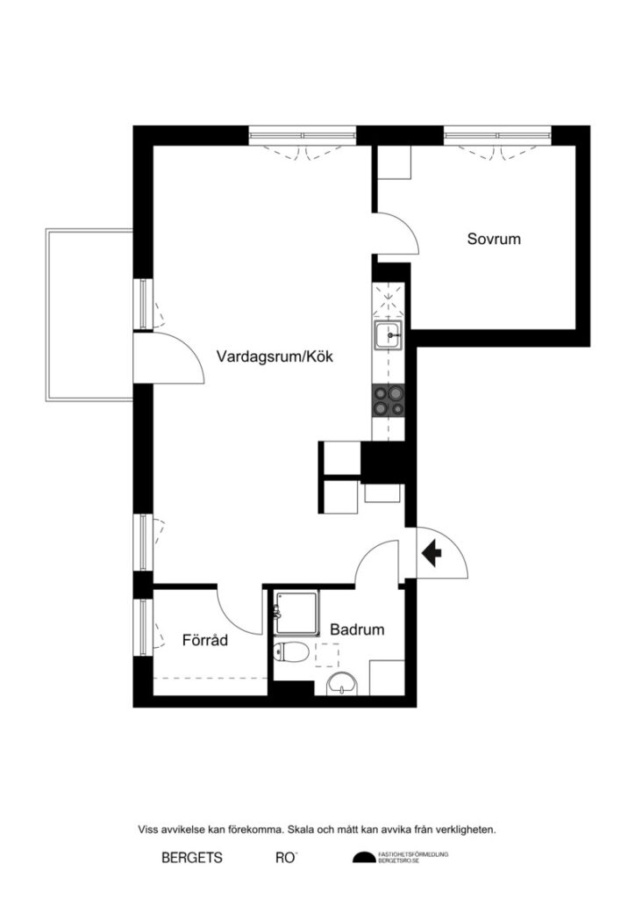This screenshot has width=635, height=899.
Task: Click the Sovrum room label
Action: (x=494, y=238)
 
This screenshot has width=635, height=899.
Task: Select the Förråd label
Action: (x=204, y=640)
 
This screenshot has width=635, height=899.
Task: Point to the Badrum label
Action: (x=357, y=629)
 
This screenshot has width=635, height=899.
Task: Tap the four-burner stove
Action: (x=389, y=400)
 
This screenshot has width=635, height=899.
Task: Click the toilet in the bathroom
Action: (x=290, y=652)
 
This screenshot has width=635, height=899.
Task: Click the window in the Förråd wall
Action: (x=143, y=625)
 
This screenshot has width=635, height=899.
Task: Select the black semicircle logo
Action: (x=362, y=858)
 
